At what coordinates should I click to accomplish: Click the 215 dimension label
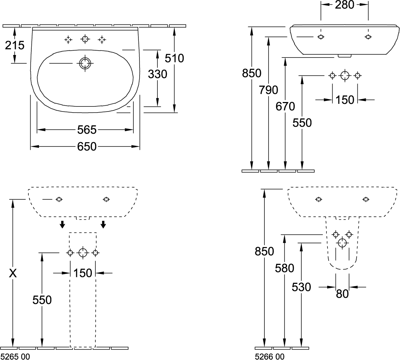tap(15, 45)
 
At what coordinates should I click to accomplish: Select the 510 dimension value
tap(175, 58)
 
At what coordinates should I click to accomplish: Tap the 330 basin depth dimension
tap(157, 74)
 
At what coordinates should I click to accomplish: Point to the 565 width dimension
tap(86, 129)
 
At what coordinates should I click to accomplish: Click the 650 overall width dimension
tap(86, 146)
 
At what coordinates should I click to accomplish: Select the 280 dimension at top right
tap(344, 5)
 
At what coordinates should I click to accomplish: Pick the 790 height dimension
tap(269, 90)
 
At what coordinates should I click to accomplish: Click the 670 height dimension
tap(285, 106)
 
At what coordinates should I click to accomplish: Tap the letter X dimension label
tap(13, 273)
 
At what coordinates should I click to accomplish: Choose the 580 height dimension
tap(285, 268)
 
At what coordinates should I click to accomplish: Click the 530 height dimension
tap(301, 287)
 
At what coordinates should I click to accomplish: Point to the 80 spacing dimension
tap(342, 294)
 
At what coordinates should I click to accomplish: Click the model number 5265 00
tap(15, 356)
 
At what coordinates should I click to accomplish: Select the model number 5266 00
tap(269, 356)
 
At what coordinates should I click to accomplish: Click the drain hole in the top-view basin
tap(85, 63)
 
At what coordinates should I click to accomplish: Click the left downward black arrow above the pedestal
tap(63, 224)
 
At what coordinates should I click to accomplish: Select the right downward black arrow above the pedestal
tap(103, 224)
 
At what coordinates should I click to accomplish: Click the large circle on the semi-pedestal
tap(342, 243)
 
